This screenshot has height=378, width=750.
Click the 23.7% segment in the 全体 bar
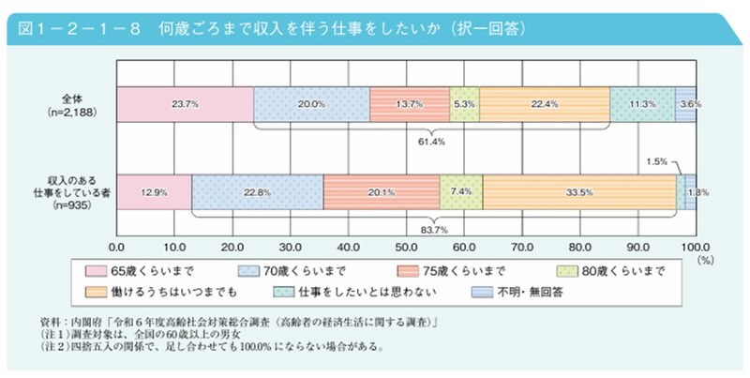(x=185, y=104)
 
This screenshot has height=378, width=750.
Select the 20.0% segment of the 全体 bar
(x=311, y=104)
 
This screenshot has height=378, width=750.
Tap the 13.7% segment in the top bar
(x=409, y=104)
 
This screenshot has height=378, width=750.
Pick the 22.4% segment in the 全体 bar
(x=545, y=104)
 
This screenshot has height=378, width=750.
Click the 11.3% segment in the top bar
(x=642, y=104)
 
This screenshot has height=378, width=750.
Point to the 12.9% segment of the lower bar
(x=154, y=191)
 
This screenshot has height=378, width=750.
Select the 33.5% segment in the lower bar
(x=579, y=191)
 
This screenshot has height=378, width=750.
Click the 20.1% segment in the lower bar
(x=381, y=191)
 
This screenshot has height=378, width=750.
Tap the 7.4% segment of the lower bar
(x=460, y=191)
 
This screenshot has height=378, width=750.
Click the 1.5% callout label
(x=657, y=161)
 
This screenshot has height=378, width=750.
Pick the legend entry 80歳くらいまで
(x=614, y=271)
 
